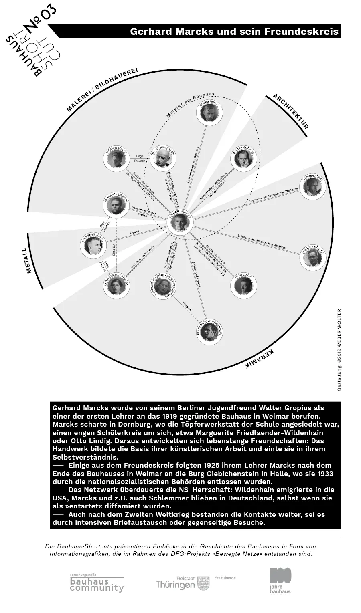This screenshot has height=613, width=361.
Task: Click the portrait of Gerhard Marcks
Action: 179,222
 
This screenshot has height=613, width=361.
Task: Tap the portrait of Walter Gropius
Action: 243,159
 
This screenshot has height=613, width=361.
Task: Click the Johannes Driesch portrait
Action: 116,206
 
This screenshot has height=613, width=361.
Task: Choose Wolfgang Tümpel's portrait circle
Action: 93,244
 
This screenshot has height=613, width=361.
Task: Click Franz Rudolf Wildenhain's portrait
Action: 209,331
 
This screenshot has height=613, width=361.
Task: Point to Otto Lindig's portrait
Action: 243,286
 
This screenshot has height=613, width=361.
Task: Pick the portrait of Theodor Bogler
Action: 312,257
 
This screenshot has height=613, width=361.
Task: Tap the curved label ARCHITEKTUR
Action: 291,111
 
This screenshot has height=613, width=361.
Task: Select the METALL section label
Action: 28,261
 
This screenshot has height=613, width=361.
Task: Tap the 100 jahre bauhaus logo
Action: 280,580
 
